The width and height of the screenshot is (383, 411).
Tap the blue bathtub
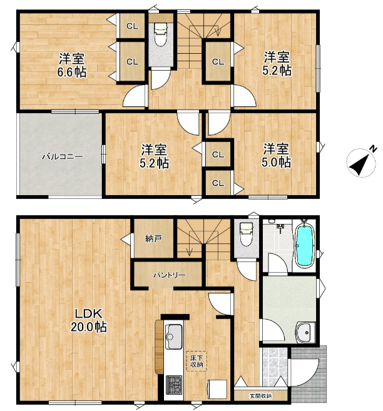pos(304,245)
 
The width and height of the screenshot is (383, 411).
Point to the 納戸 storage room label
pos(153,238)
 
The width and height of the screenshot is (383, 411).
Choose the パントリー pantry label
pos(167,275)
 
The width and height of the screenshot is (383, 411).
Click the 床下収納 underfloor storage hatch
pos(196,361)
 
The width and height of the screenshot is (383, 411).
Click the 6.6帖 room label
pos(73,64)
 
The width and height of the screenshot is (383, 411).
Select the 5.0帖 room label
pos(275,155)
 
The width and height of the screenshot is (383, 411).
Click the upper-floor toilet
pos(160,34)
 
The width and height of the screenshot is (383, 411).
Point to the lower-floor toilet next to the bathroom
pos(246,235)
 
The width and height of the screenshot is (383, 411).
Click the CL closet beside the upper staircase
pos(217,61)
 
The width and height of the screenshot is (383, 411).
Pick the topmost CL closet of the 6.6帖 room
pos(132,26)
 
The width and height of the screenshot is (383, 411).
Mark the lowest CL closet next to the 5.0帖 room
pos(218,183)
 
